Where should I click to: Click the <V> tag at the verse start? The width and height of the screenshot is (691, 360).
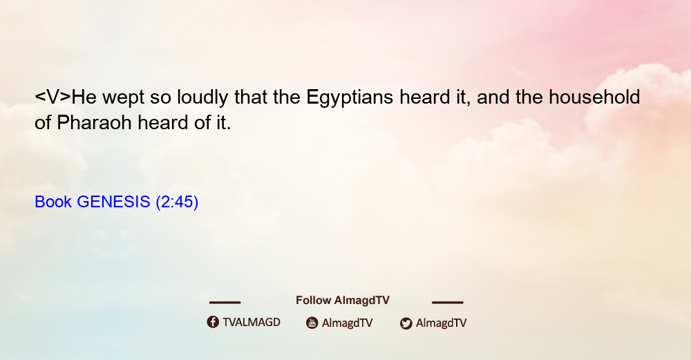pos(53,97)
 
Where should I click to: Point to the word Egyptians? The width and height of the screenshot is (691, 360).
pos(350,98)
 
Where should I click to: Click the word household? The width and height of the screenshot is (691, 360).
pos(594,97)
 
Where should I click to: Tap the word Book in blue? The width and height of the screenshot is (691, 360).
pos(53,202)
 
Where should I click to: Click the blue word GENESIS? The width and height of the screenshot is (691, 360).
pos(113,202)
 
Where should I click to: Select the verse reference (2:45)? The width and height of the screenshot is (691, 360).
pos(177,202)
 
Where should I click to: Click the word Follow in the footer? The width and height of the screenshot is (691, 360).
pos(313,301)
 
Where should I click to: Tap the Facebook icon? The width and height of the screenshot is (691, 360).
pos(213,322)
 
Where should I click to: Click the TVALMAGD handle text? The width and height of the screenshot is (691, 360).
pos(252,323)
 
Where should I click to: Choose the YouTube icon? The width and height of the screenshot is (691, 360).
pos(312,323)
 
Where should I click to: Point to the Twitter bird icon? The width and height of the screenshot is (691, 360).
pos(406,323)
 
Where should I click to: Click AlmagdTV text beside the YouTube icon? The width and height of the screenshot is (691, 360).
pos(348,323)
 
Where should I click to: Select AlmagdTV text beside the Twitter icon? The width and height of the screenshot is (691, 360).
pos(441,323)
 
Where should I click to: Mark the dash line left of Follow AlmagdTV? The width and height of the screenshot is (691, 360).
pos(225,302)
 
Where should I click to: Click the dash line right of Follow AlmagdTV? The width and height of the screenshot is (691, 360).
pos(447,302)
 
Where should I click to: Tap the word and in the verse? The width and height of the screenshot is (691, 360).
pos(493,97)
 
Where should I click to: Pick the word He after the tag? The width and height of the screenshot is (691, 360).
pos(84,97)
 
